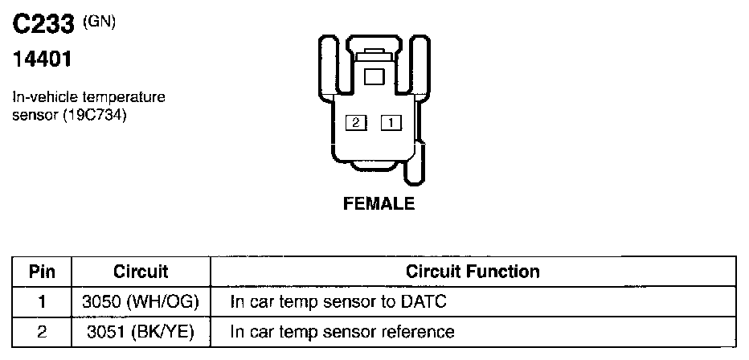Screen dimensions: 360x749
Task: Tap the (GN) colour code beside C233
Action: point(100,22)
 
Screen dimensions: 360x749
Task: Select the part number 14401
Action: point(40,61)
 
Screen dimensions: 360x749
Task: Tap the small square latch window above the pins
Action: point(374,77)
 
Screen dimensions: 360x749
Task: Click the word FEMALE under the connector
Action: point(379,204)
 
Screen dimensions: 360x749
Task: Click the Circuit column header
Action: point(141,272)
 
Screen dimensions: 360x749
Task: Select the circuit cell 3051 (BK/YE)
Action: point(141,331)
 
